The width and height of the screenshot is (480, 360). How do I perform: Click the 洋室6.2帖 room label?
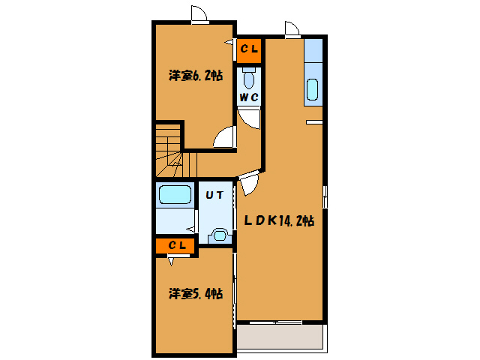pyautogui.click(x=195, y=75)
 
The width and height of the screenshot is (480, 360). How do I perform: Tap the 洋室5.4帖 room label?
pyautogui.click(x=195, y=294)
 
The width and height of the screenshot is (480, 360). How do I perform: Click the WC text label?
pyautogui.click(x=249, y=98)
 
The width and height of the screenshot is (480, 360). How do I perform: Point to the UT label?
pyautogui.click(x=214, y=195)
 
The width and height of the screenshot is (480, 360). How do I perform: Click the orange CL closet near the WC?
pyautogui.click(x=250, y=49)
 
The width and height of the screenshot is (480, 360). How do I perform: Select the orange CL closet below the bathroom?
pyautogui.click(x=176, y=245)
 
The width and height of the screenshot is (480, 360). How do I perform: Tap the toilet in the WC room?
pyautogui.click(x=250, y=77)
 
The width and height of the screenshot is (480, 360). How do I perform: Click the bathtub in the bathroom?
pyautogui.click(x=175, y=196)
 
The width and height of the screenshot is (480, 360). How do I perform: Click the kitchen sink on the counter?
pyautogui.click(x=313, y=89)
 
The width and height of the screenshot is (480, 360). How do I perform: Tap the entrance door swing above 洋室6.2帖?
pyautogui.click(x=199, y=14)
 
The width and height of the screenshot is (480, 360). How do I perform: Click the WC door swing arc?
pyautogui.click(x=250, y=119)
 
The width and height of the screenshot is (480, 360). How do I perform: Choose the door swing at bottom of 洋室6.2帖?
pyautogui.click(x=223, y=137)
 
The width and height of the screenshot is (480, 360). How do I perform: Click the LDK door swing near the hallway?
pyautogui.click(x=249, y=182)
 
